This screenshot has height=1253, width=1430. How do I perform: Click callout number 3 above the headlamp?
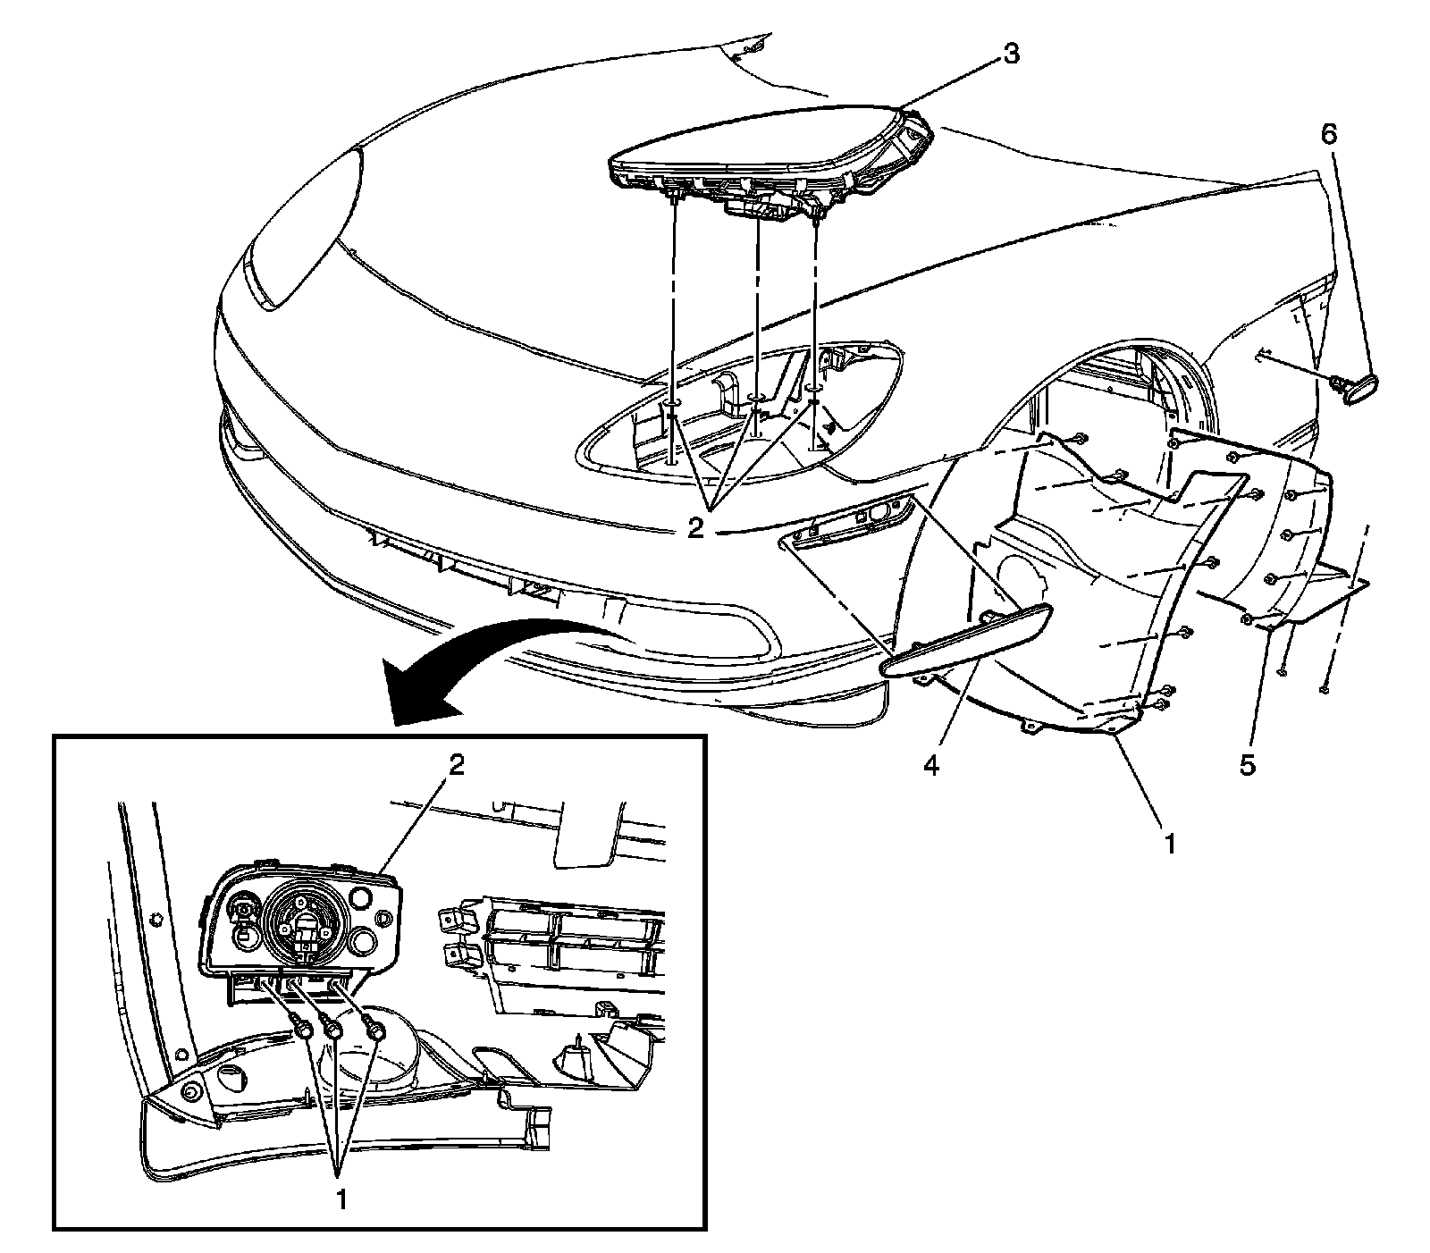pos(1010,54)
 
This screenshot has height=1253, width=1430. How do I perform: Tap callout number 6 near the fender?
pos(1329,136)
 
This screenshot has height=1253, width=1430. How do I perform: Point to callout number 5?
pos(1248,765)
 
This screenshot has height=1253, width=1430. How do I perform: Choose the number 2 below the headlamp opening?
pos(696,526)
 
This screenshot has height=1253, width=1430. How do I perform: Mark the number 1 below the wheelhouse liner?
pos(1169,841)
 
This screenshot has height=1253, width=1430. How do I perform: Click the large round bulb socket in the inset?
pos(300,929)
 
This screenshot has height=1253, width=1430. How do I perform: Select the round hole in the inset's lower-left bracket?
pos(189,1093)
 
